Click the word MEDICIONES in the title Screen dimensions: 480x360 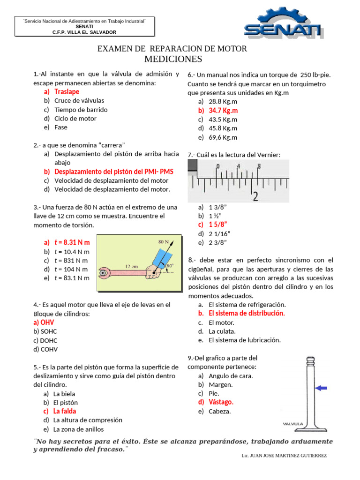(173, 59)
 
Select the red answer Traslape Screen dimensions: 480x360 (67, 92)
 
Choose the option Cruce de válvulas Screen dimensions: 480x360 (79, 101)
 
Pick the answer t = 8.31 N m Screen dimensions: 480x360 (72, 242)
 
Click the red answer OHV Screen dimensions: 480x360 (44, 322)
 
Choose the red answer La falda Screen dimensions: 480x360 (65, 411)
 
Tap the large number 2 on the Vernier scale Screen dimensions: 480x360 (255, 196)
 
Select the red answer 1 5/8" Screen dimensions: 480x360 (218, 225)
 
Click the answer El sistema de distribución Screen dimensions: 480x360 (247, 314)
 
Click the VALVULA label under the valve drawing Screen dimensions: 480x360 (293, 424)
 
